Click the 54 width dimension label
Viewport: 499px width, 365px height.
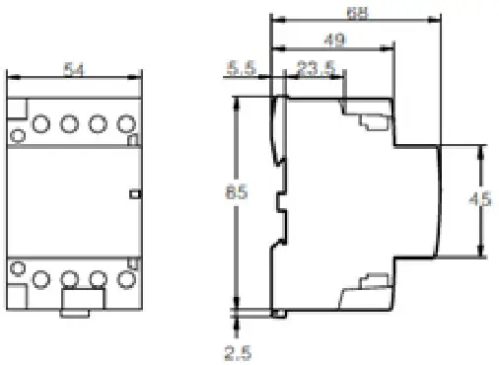(73, 70)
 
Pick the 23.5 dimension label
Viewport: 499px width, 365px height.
(313, 68)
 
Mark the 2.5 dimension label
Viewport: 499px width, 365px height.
(234, 350)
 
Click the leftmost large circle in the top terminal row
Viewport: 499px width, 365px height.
(42, 124)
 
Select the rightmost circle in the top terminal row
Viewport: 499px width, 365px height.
(124, 124)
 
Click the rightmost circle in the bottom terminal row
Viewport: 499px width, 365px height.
(125, 279)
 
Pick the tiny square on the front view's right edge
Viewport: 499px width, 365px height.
(134, 194)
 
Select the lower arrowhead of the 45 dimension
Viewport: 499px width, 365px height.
(482, 251)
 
